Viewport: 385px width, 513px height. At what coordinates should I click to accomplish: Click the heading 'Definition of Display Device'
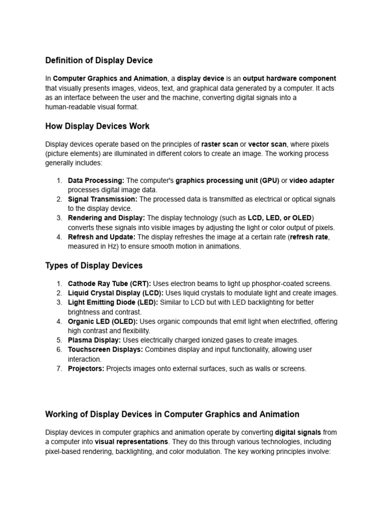click(x=99, y=61)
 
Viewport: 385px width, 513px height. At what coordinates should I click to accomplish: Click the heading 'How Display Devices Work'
click(x=97, y=126)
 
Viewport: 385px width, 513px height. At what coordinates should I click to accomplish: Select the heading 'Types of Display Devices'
click(x=94, y=266)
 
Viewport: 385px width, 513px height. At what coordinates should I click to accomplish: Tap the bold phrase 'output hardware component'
click(x=289, y=79)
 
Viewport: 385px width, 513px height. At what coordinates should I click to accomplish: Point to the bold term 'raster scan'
click(x=220, y=144)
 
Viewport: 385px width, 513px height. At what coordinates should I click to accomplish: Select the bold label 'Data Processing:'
click(x=96, y=180)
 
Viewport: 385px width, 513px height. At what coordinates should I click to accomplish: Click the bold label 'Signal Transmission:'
click(x=103, y=199)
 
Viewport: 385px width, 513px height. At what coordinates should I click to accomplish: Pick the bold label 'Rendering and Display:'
click(x=106, y=218)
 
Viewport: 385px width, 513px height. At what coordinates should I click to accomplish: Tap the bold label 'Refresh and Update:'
click(x=102, y=237)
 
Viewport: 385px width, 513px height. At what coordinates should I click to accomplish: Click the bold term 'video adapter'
click(x=312, y=180)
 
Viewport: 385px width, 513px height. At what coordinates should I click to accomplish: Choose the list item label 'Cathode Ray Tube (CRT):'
click(x=109, y=284)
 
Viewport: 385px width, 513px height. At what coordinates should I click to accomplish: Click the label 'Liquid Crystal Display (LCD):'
click(x=116, y=293)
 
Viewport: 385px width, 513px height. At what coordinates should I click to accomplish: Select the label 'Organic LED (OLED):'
click(x=103, y=322)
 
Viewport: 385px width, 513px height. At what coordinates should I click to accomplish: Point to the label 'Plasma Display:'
click(x=94, y=340)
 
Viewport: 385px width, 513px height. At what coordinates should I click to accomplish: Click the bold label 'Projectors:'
click(x=86, y=369)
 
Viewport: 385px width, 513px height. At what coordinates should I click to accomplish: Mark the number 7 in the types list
click(x=59, y=369)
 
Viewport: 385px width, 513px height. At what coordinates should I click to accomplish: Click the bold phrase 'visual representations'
click(x=131, y=442)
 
